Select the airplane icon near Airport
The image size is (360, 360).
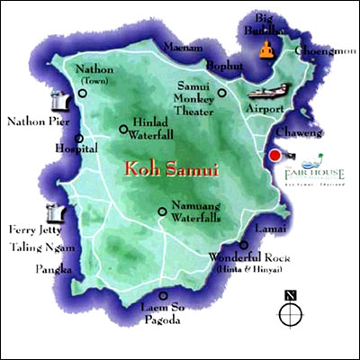tap(266, 92)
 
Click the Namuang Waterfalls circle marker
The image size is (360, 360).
tap(162, 212)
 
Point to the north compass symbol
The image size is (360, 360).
tap(289, 311)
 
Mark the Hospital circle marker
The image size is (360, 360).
tap(80, 139)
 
